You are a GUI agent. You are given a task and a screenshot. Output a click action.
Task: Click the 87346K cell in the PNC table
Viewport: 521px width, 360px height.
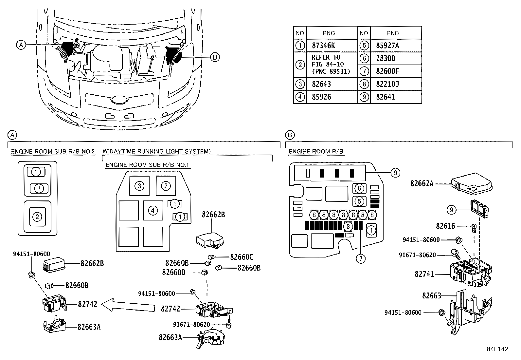(323, 46)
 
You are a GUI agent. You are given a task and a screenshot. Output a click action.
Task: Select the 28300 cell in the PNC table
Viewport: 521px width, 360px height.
(386, 58)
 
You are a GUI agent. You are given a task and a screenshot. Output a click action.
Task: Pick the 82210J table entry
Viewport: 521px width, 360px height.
(387, 84)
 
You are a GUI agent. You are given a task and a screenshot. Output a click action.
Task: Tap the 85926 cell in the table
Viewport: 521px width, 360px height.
(321, 97)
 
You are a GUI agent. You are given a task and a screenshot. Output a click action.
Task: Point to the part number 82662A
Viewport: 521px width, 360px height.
(422, 183)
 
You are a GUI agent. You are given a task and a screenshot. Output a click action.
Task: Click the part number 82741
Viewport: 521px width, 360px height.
(424, 274)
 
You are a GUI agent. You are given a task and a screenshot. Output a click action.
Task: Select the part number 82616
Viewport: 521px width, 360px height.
(445, 226)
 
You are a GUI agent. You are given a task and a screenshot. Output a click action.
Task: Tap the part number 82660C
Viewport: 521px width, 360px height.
(242, 257)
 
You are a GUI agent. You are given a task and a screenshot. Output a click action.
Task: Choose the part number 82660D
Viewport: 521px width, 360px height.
(173, 272)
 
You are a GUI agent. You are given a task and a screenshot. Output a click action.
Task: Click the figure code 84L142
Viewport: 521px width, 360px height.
(497, 349)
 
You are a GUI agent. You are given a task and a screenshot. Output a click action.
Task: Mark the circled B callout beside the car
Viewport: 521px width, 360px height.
(214, 57)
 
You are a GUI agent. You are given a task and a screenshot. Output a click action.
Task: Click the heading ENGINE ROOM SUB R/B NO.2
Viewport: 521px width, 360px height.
(53, 152)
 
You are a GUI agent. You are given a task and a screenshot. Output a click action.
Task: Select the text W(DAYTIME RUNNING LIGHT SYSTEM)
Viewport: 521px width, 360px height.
(156, 151)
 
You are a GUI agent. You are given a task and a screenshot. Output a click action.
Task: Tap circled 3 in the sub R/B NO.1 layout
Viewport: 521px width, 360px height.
(139, 186)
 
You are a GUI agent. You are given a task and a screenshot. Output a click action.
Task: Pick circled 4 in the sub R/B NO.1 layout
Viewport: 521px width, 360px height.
(153, 210)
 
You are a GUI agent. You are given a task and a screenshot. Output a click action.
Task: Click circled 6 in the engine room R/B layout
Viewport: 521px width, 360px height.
(359, 188)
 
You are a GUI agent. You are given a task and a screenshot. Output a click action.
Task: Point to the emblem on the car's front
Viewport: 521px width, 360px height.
(119, 99)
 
